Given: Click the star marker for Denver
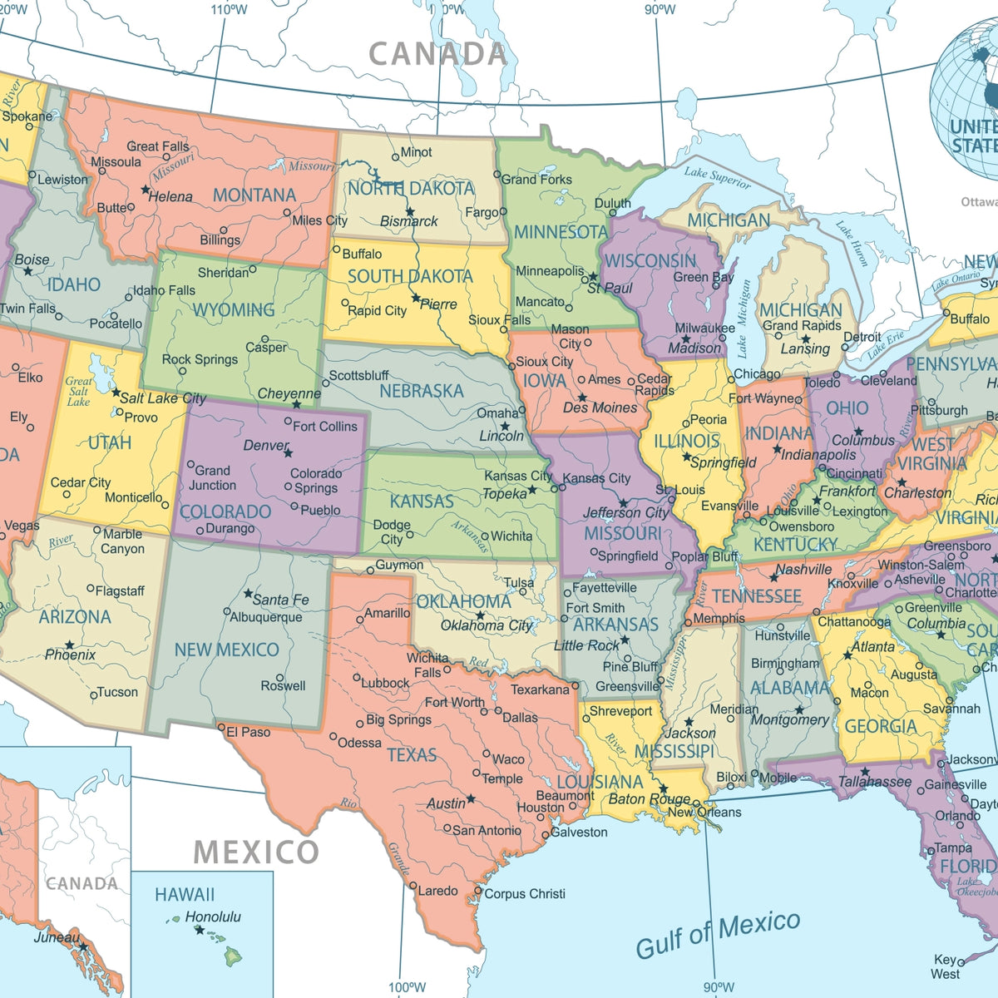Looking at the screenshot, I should (288, 453).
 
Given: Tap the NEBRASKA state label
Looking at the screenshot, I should (421, 391).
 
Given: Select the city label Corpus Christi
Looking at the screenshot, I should (524, 894).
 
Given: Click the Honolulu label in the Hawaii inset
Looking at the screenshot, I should (213, 916).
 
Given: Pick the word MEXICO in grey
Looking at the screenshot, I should (256, 852).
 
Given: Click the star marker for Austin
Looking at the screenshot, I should (471, 798).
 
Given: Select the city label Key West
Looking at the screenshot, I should (946, 966).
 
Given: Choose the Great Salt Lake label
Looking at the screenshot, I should (78, 391).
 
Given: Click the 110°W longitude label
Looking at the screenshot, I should (229, 10).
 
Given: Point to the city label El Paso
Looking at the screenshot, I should (248, 732).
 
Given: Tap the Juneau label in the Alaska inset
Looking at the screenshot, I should (57, 937).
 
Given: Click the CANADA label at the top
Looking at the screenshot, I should (437, 54).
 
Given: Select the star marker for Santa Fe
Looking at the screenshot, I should (248, 594).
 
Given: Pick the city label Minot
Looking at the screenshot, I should (416, 152).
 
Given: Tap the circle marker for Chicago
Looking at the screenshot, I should (730, 375).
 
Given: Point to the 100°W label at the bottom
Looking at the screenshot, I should (407, 987).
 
